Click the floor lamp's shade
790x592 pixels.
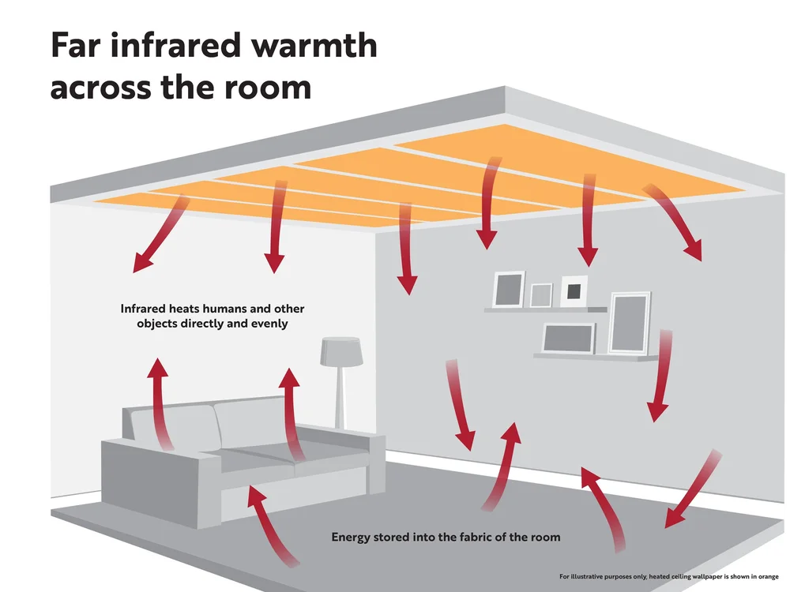coord(341,351)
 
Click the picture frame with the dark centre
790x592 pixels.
coord(574,290)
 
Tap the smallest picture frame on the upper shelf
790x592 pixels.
coord(541,295)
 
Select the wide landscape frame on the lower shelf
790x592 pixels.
coord(569,338)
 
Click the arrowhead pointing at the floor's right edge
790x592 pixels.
coord(673,518)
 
